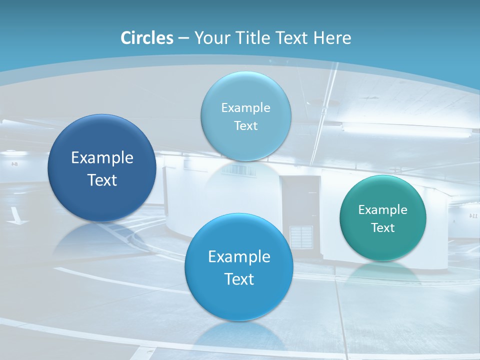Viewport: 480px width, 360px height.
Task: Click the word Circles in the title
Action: coord(147,38)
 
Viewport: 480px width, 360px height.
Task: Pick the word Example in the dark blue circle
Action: coord(102,158)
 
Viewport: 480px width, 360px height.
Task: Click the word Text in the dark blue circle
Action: coord(102,180)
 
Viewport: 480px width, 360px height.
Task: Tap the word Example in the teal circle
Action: coord(382,210)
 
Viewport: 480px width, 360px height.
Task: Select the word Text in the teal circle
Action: coord(382,228)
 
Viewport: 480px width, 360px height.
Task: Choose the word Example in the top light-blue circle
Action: coord(245,108)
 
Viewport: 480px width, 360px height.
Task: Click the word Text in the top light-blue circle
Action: coord(245,126)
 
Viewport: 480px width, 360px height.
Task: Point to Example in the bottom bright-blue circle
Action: coord(239,257)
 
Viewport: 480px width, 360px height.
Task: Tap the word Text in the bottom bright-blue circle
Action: coord(239,279)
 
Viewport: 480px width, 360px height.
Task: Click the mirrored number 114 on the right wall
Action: coord(473,216)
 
